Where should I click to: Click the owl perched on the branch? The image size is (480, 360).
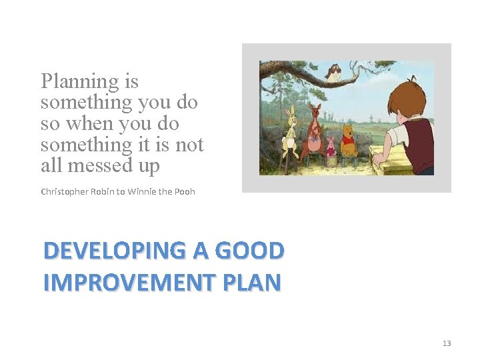tap(334, 71)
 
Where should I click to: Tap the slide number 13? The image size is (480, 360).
tap(446, 343)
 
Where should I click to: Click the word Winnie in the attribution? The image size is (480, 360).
tap(142, 192)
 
